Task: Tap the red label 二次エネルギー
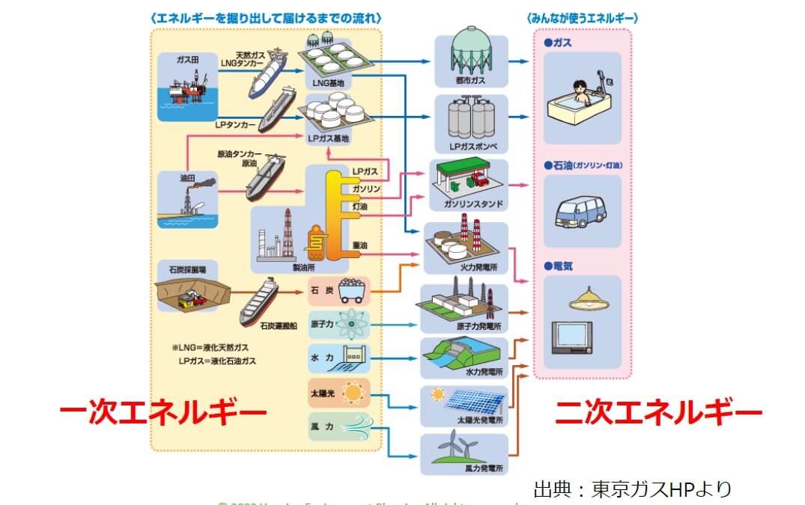coord(658,412)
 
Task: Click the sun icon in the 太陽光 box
coord(351,392)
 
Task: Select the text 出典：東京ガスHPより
coord(632,489)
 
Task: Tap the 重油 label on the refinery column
coord(359,245)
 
